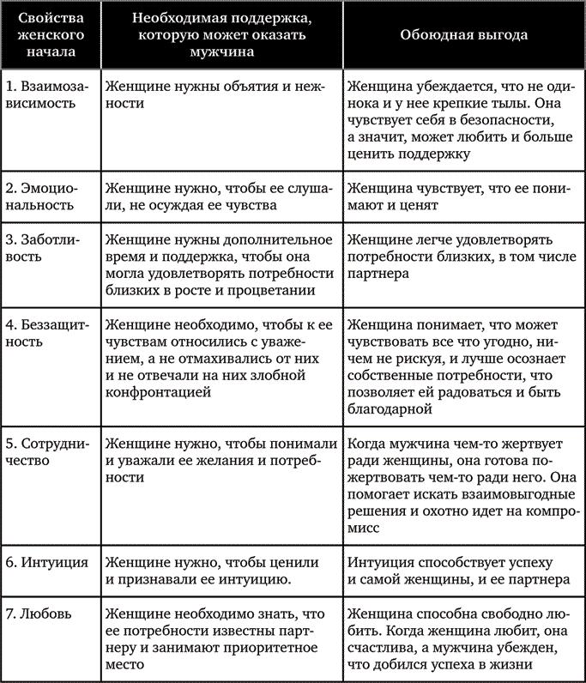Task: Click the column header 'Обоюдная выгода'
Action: click(x=464, y=37)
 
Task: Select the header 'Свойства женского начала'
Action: click(x=49, y=37)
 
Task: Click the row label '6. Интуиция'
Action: click(x=46, y=564)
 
